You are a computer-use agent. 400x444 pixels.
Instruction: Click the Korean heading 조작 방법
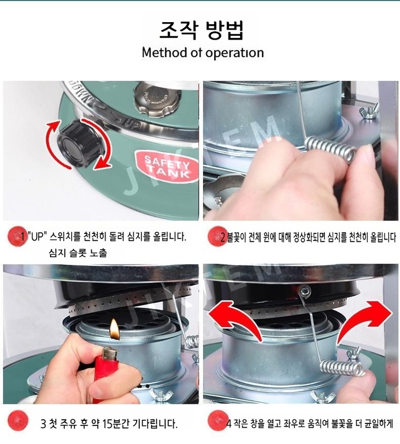(202, 30)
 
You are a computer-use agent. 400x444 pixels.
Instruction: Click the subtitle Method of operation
(203, 53)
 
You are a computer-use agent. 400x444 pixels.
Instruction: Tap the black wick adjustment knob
(79, 144)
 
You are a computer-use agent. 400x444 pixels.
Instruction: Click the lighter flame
(115, 329)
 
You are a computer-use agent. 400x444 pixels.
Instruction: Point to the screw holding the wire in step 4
(305, 290)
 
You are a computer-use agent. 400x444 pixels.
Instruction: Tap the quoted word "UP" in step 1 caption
(36, 237)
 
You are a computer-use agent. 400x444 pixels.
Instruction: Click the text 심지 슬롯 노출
(78, 252)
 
